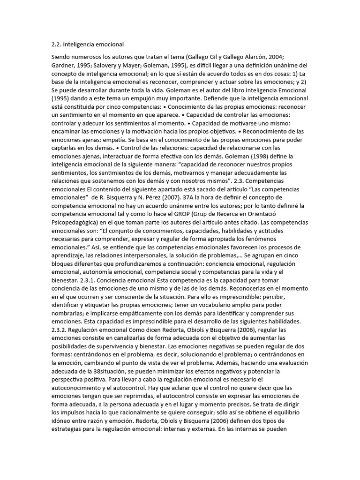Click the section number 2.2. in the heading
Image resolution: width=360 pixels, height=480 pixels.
click(57, 45)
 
